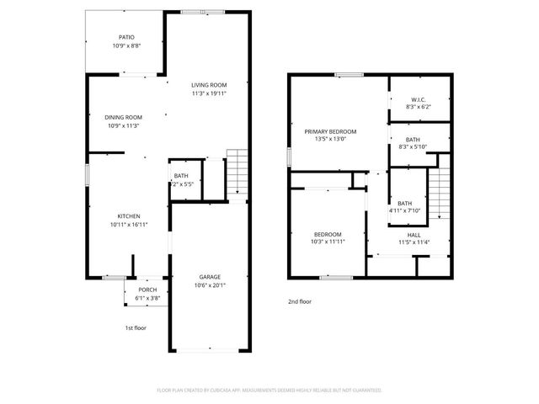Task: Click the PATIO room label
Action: (x=125, y=37)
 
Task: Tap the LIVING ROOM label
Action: (x=209, y=85)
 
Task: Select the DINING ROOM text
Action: (x=123, y=117)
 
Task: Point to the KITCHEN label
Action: (x=128, y=216)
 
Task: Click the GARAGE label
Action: (x=210, y=276)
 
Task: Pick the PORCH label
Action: (x=147, y=290)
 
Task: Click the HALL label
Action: (x=414, y=235)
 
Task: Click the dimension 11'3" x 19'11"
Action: (x=209, y=93)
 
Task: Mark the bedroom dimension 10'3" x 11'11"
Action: (x=328, y=242)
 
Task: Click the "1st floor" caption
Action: (x=135, y=327)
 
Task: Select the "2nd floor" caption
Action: (x=300, y=300)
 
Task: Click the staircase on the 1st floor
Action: (x=238, y=173)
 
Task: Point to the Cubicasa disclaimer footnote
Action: (x=269, y=391)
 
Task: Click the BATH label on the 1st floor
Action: (x=181, y=176)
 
